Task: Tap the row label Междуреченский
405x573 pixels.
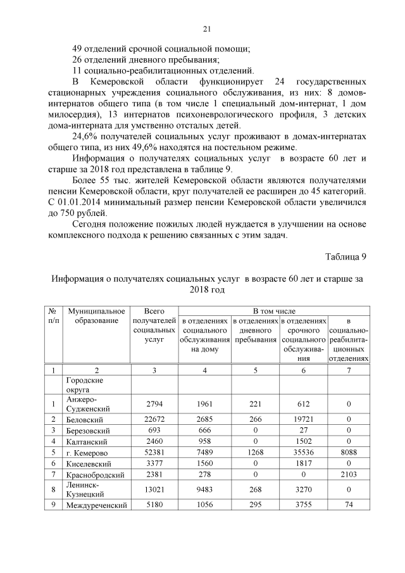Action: point(96,505)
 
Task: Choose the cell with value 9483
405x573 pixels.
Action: point(204,490)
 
